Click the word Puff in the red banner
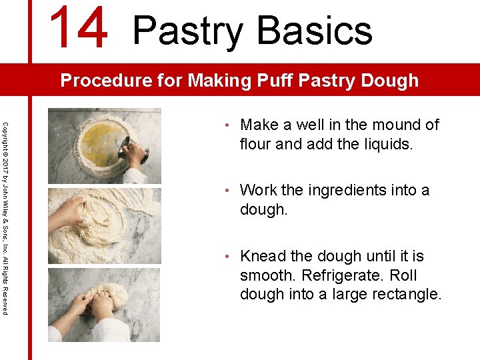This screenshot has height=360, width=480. click(x=273, y=81)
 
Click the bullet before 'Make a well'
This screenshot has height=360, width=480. click(x=227, y=125)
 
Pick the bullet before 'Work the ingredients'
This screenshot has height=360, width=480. click(x=227, y=191)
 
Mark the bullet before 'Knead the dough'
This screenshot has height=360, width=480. click(x=227, y=257)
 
